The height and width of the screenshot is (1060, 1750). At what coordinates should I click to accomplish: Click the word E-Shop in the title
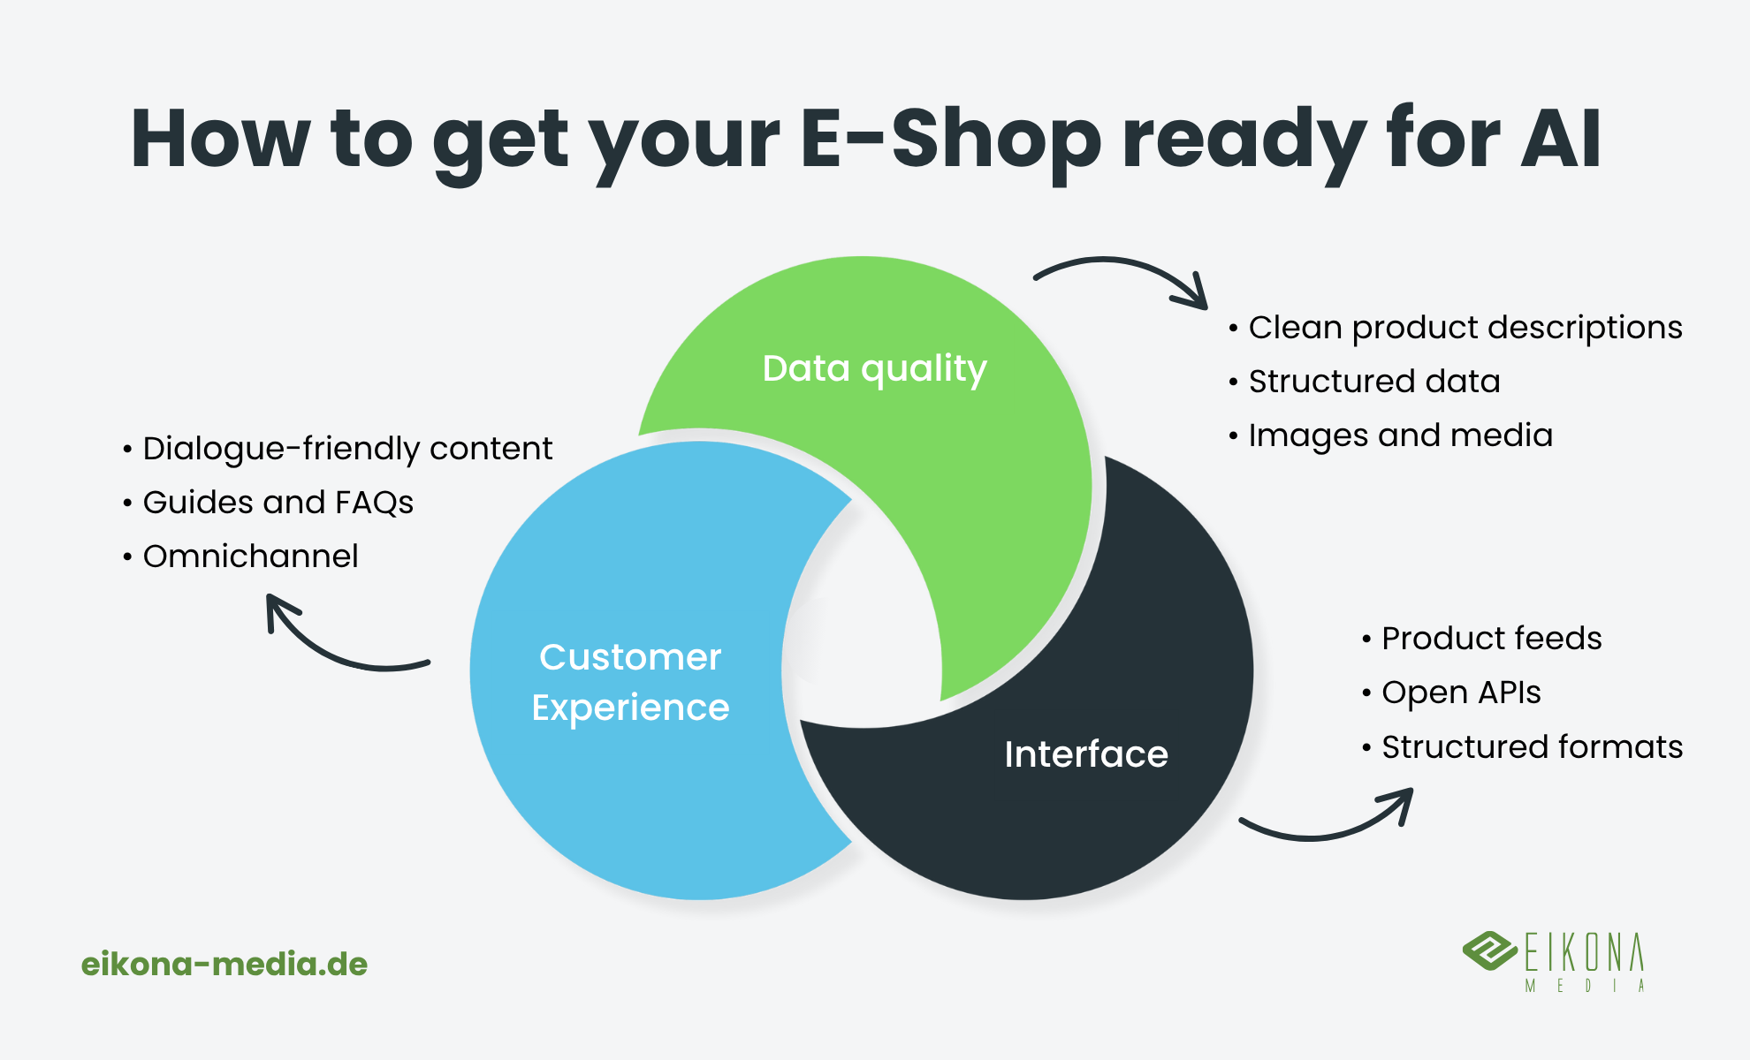[x=951, y=139]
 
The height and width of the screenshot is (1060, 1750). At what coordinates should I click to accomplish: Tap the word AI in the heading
[x=1561, y=139]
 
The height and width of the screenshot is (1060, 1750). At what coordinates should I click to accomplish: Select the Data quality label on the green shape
[x=874, y=369]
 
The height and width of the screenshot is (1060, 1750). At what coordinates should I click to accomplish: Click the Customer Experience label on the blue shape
[x=630, y=682]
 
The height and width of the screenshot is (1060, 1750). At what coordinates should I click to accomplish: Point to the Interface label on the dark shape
[x=1086, y=753]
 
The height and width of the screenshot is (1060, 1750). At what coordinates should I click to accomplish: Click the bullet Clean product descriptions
[x=1456, y=328]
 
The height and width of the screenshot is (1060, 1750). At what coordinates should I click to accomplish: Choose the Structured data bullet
[x=1365, y=382]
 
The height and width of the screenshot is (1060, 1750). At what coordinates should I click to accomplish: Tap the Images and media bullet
[x=1390, y=435]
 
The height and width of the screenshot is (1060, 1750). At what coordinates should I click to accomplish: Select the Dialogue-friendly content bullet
[x=338, y=449]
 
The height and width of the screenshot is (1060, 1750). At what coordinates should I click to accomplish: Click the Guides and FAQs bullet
[x=268, y=503]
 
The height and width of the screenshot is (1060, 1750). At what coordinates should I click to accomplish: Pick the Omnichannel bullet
[x=240, y=556]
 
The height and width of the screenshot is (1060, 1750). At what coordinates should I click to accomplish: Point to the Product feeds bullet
[x=1482, y=638]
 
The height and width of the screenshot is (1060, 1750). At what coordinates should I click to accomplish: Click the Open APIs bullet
[x=1451, y=693]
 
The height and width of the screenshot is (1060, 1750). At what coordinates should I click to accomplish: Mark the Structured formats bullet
[x=1523, y=747]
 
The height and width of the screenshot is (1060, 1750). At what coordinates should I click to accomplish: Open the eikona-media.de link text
[x=224, y=964]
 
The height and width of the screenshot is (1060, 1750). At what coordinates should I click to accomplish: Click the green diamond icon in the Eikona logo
[x=1490, y=950]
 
